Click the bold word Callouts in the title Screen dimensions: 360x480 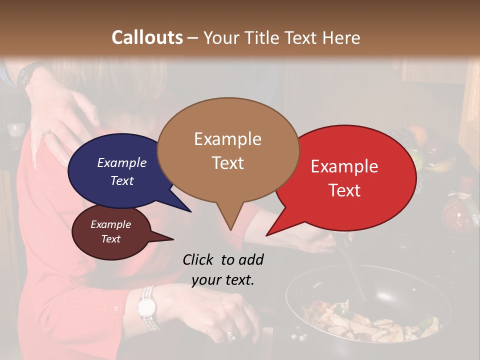click(x=147, y=37)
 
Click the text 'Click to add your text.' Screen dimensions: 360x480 click(x=222, y=269)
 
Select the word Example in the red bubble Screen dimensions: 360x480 click(x=344, y=166)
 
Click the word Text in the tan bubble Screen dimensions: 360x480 click(x=228, y=163)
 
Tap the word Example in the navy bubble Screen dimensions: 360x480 click(x=121, y=162)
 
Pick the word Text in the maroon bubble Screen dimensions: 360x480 click(x=110, y=239)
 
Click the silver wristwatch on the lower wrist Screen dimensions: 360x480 click(x=147, y=306)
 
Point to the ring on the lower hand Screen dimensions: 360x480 click(x=230, y=334)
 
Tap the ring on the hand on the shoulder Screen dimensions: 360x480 click(x=46, y=133)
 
